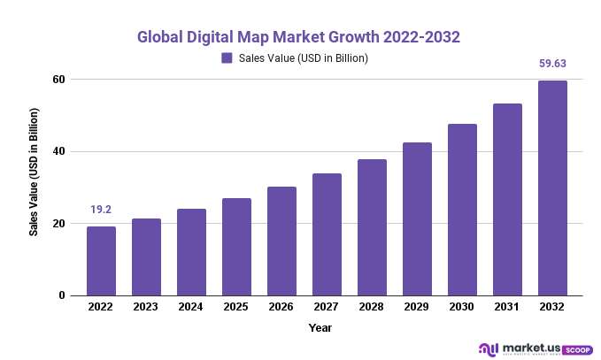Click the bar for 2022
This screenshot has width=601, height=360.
click(x=101, y=261)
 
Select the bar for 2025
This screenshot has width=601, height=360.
click(x=236, y=247)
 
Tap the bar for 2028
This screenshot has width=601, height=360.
click(x=372, y=227)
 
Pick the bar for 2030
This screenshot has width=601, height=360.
click(x=462, y=210)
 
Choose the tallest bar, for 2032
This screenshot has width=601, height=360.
click(x=552, y=188)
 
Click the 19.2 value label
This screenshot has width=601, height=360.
click(x=101, y=211)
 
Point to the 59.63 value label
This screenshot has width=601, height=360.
click(x=552, y=64)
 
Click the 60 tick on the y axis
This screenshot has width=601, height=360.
click(x=60, y=80)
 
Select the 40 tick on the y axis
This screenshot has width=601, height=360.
click(x=60, y=152)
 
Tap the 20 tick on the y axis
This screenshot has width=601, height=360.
click(x=60, y=224)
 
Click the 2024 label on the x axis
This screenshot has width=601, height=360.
click(x=191, y=308)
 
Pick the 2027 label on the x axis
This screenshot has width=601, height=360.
click(x=327, y=308)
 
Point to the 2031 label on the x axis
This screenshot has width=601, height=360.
click(x=507, y=308)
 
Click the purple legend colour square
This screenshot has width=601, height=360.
click(x=227, y=58)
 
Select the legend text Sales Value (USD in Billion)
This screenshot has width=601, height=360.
click(x=303, y=58)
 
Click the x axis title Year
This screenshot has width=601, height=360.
click(x=320, y=328)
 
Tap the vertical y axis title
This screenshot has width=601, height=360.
click(x=34, y=172)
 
